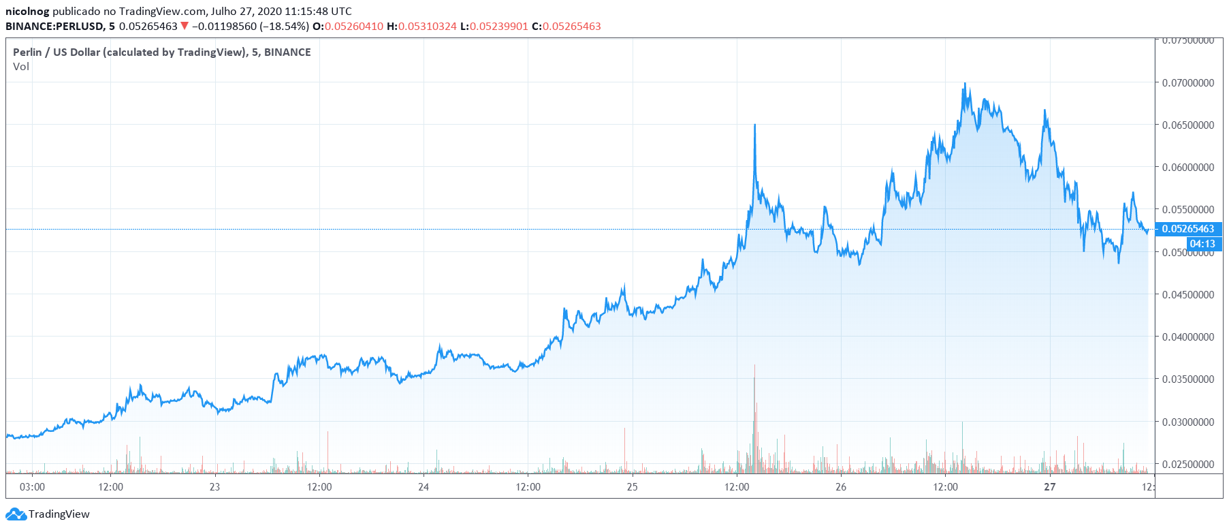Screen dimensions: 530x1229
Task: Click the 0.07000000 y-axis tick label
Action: point(1187,83)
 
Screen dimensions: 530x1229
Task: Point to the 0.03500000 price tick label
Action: point(1187,379)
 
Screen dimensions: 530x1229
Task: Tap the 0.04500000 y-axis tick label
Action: point(1187,295)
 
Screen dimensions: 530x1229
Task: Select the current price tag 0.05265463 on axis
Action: point(1187,229)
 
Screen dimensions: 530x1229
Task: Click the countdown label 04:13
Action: point(1202,244)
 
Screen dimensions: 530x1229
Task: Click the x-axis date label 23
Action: point(214,487)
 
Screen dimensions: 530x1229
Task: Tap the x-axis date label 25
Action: point(632,487)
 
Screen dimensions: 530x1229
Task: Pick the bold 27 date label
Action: point(1050,487)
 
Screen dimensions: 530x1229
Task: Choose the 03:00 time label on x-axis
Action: point(32,487)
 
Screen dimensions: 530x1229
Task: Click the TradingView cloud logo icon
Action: point(16,514)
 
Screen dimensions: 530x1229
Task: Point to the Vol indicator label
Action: point(21,67)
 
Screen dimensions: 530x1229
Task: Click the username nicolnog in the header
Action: point(27,12)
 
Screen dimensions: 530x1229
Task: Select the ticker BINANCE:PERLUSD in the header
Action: point(54,27)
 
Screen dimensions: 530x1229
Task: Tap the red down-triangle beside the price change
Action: point(184,27)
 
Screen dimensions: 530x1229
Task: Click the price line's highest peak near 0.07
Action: point(965,84)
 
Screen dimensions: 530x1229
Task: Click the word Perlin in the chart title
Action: point(27,52)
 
